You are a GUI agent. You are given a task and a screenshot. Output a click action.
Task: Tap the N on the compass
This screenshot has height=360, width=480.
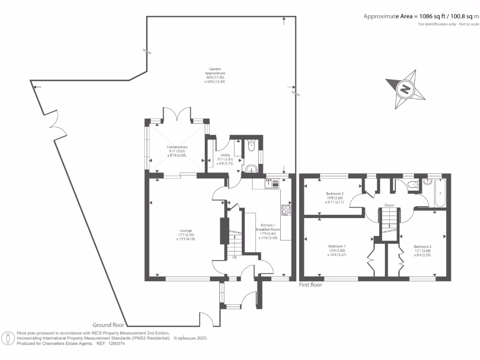(x=405, y=90)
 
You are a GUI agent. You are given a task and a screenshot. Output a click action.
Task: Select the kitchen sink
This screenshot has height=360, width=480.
(x=272, y=184)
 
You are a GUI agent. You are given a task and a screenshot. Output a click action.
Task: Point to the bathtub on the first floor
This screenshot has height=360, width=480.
(x=440, y=192)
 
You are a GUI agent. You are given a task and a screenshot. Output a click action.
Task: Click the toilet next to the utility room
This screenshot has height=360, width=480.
(x=252, y=145)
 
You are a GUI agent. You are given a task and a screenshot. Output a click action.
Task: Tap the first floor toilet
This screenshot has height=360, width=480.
(x=413, y=184)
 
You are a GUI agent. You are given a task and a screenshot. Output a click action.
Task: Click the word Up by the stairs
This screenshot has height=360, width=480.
(x=234, y=257)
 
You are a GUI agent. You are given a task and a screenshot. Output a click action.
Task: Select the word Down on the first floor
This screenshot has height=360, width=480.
(x=389, y=205)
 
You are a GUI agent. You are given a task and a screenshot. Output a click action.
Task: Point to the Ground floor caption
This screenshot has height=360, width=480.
(x=108, y=325)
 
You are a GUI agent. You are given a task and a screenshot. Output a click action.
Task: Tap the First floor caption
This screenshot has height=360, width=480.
(x=310, y=285)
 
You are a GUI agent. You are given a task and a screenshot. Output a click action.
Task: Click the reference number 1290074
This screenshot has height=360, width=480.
(x=117, y=344)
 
